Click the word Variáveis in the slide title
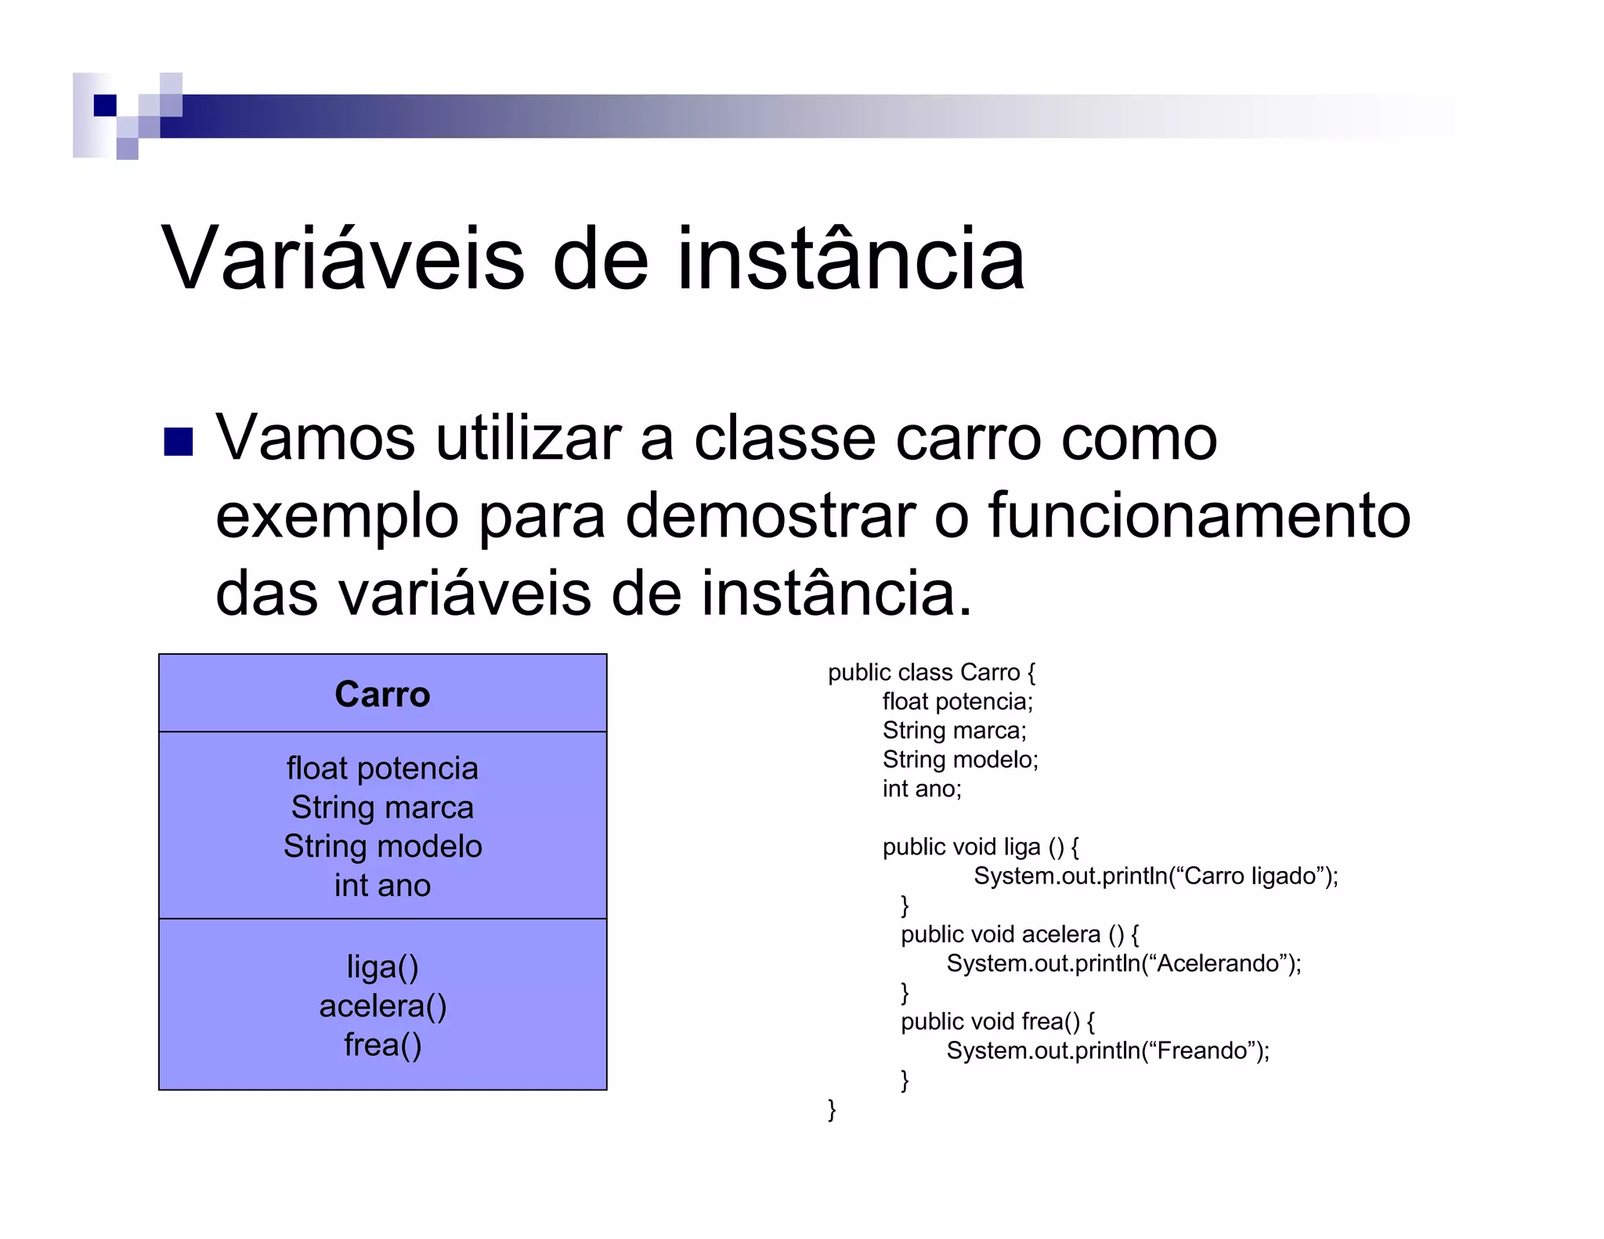(342, 258)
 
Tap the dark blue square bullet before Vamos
(179, 441)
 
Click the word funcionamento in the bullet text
(1199, 516)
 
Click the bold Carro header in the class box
(382, 695)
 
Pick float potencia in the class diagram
(382, 768)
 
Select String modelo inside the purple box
(382, 847)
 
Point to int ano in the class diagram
(382, 886)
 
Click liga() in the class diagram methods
(382, 967)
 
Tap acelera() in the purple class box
(382, 1006)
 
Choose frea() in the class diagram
(382, 1046)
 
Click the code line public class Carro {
(931, 673)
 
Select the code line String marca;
(954, 731)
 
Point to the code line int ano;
(922, 789)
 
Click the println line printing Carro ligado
(1155, 876)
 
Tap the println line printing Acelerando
(1123, 963)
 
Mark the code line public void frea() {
(997, 1021)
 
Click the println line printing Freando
(1107, 1050)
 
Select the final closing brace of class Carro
(832, 1110)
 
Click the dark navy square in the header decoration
(105, 105)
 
